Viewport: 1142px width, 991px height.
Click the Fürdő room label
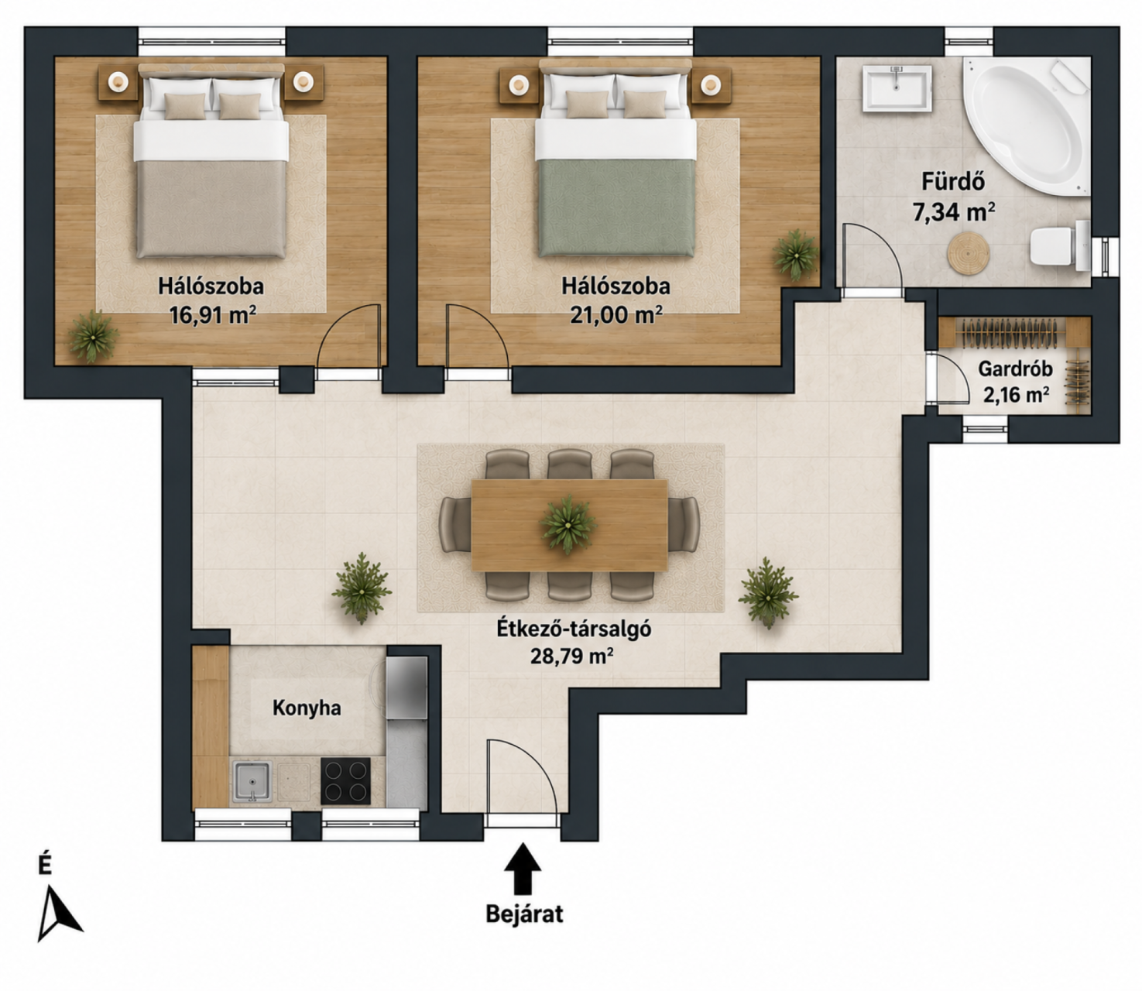pos(953,182)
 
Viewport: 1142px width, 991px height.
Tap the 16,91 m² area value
pos(213,316)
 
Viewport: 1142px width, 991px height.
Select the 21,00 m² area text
pos(616,316)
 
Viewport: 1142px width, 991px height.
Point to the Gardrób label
pos(1015,369)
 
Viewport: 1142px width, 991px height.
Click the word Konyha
pos(307,708)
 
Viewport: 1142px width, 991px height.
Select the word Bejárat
pos(524,914)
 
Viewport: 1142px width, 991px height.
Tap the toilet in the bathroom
pos(1059,245)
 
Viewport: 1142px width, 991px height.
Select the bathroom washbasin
pos(897,88)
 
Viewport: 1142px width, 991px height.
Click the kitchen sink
pos(252,781)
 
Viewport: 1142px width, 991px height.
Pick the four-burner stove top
pos(345,780)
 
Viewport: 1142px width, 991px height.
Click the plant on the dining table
pos(568,524)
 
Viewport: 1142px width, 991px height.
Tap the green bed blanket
pos(616,208)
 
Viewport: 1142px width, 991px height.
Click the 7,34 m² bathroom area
pos(954,212)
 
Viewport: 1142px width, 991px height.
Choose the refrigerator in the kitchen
pos(407,688)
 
